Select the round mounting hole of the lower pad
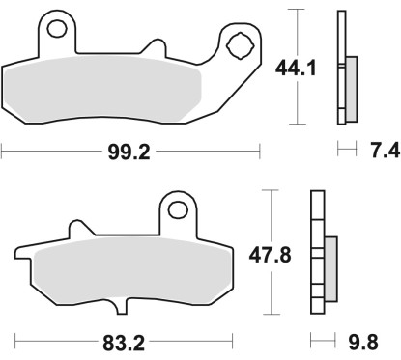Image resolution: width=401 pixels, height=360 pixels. coord(176,208)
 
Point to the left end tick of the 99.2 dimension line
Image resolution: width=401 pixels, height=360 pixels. coord(3,152)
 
